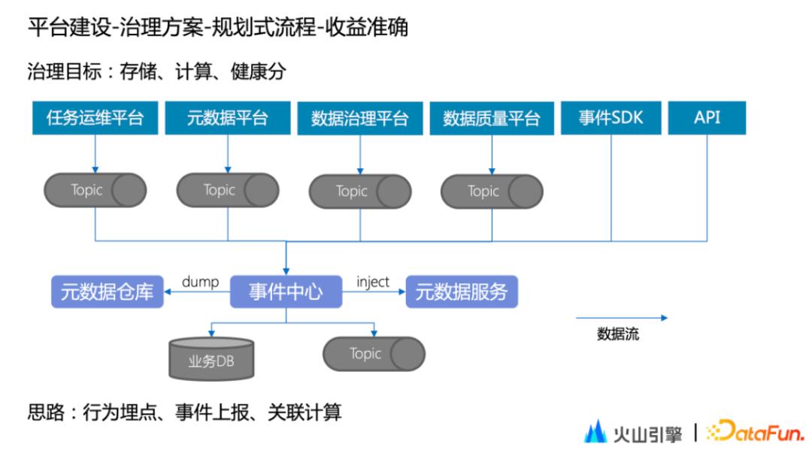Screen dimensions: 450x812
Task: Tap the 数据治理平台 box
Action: pos(359,118)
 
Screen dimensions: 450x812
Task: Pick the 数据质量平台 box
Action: pos(491,118)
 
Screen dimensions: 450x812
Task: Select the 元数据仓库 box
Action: pos(108,292)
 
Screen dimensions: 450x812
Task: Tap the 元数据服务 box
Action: pos(462,292)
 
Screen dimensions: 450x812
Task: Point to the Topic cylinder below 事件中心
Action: pos(374,354)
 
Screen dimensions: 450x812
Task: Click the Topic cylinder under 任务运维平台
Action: pos(95,190)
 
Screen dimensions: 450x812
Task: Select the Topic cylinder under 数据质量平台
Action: pos(492,191)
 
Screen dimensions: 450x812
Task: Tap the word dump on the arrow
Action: pos(200,282)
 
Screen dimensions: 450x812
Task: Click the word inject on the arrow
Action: pos(373,282)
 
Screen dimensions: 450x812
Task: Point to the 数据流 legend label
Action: pos(618,335)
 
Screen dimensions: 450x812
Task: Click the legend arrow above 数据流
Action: pos(621,318)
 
